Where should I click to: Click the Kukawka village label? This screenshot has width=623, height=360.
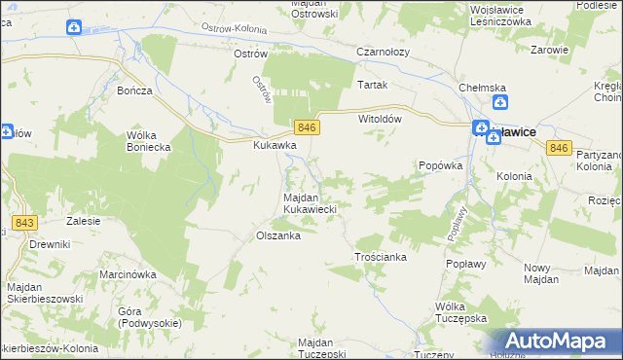(x=275, y=146)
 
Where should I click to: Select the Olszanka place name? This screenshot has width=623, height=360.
(x=276, y=235)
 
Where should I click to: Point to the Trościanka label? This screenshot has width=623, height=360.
(x=379, y=257)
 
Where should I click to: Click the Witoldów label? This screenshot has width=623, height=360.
(x=381, y=118)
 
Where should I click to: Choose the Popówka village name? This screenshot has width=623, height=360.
(x=440, y=166)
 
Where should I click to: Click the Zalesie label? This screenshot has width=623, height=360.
(x=84, y=221)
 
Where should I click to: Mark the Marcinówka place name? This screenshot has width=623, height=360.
(x=128, y=274)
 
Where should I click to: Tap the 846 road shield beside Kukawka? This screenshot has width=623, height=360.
(x=307, y=128)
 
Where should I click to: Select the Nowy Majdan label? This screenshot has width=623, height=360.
(x=542, y=273)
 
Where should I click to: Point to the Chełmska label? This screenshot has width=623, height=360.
(x=484, y=89)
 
